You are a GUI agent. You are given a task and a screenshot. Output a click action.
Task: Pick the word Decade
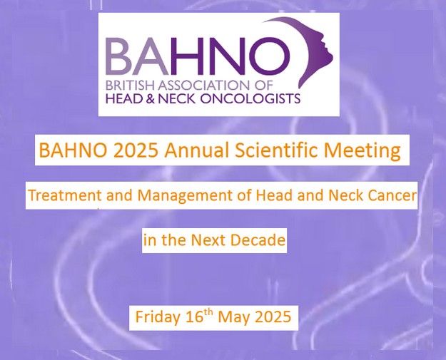coord(258,240)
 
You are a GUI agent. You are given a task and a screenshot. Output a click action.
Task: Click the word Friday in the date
coord(158,317)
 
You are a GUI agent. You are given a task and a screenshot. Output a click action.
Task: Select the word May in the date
coord(233,317)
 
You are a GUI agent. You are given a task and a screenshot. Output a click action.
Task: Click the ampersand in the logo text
coord(151,98)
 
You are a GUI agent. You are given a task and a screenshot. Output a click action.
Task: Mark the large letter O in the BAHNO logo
coord(266,56)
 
